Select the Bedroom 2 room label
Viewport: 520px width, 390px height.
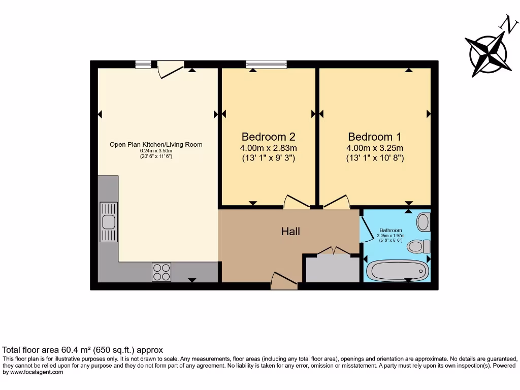[268, 137]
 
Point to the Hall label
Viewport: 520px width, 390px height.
[290, 232]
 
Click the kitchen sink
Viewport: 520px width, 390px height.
[108, 222]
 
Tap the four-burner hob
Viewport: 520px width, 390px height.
[161, 272]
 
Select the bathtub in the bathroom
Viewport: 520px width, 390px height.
[396, 270]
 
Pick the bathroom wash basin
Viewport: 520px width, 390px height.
[423, 222]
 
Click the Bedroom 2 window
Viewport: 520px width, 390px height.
[266, 64]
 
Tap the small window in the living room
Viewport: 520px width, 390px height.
[143, 64]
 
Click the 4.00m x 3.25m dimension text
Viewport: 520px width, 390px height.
[375, 148]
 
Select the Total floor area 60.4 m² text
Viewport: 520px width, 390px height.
[83, 350]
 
